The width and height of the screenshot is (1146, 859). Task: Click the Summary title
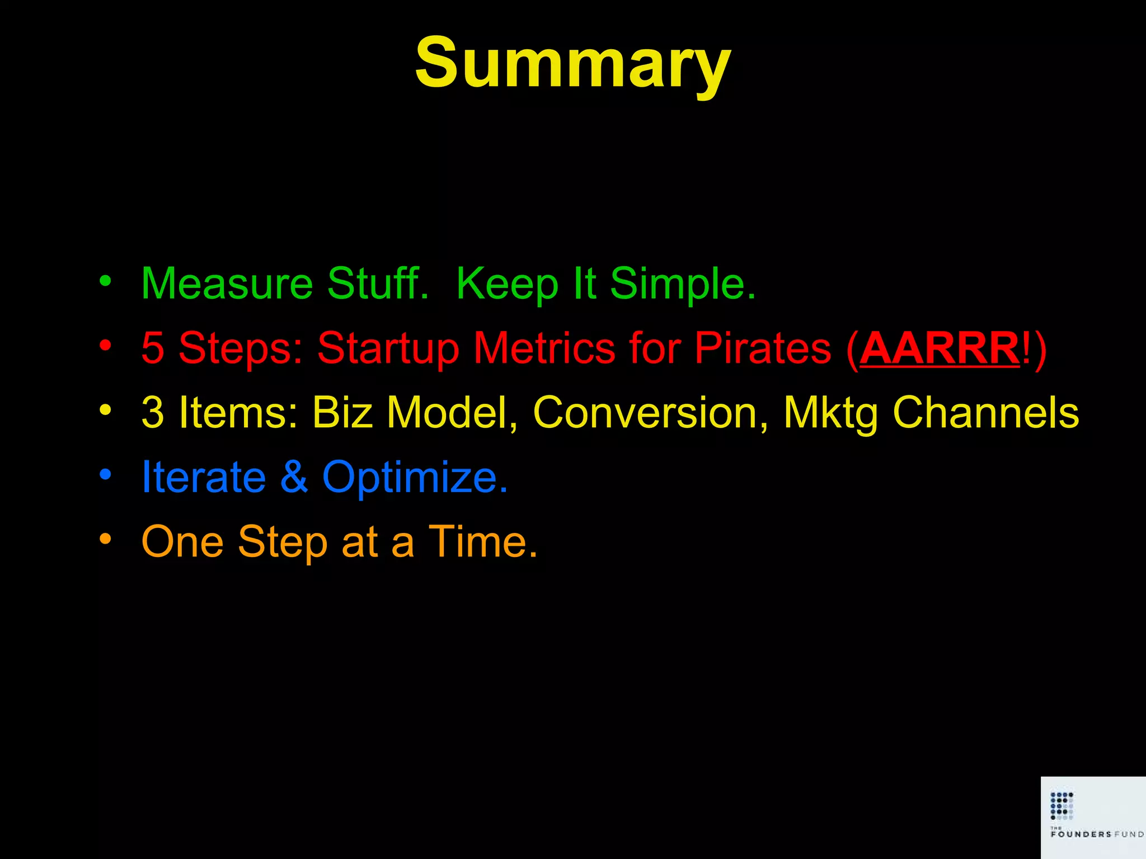[x=572, y=63]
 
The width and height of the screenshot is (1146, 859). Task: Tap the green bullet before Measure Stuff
[x=105, y=281]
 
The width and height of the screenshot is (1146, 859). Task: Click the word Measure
[x=227, y=284]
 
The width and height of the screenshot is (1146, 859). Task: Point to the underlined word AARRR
[x=940, y=348]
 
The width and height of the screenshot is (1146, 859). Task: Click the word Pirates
[x=762, y=348]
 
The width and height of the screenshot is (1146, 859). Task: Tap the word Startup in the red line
[x=388, y=348]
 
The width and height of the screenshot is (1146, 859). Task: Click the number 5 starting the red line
[x=152, y=348]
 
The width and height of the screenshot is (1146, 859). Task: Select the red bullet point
[x=105, y=345]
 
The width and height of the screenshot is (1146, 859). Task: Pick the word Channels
[x=985, y=413]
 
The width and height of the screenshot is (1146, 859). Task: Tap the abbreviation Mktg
[x=830, y=413]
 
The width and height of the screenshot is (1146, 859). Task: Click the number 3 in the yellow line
[x=152, y=413]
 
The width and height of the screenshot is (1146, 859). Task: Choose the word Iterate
[x=203, y=477]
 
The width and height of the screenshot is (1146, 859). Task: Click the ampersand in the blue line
[x=294, y=477]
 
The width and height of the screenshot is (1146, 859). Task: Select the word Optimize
[x=415, y=477]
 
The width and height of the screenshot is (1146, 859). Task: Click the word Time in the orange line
[x=482, y=541]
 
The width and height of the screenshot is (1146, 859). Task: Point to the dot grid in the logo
[x=1062, y=805]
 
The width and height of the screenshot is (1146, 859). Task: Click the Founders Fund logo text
[x=1096, y=834]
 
